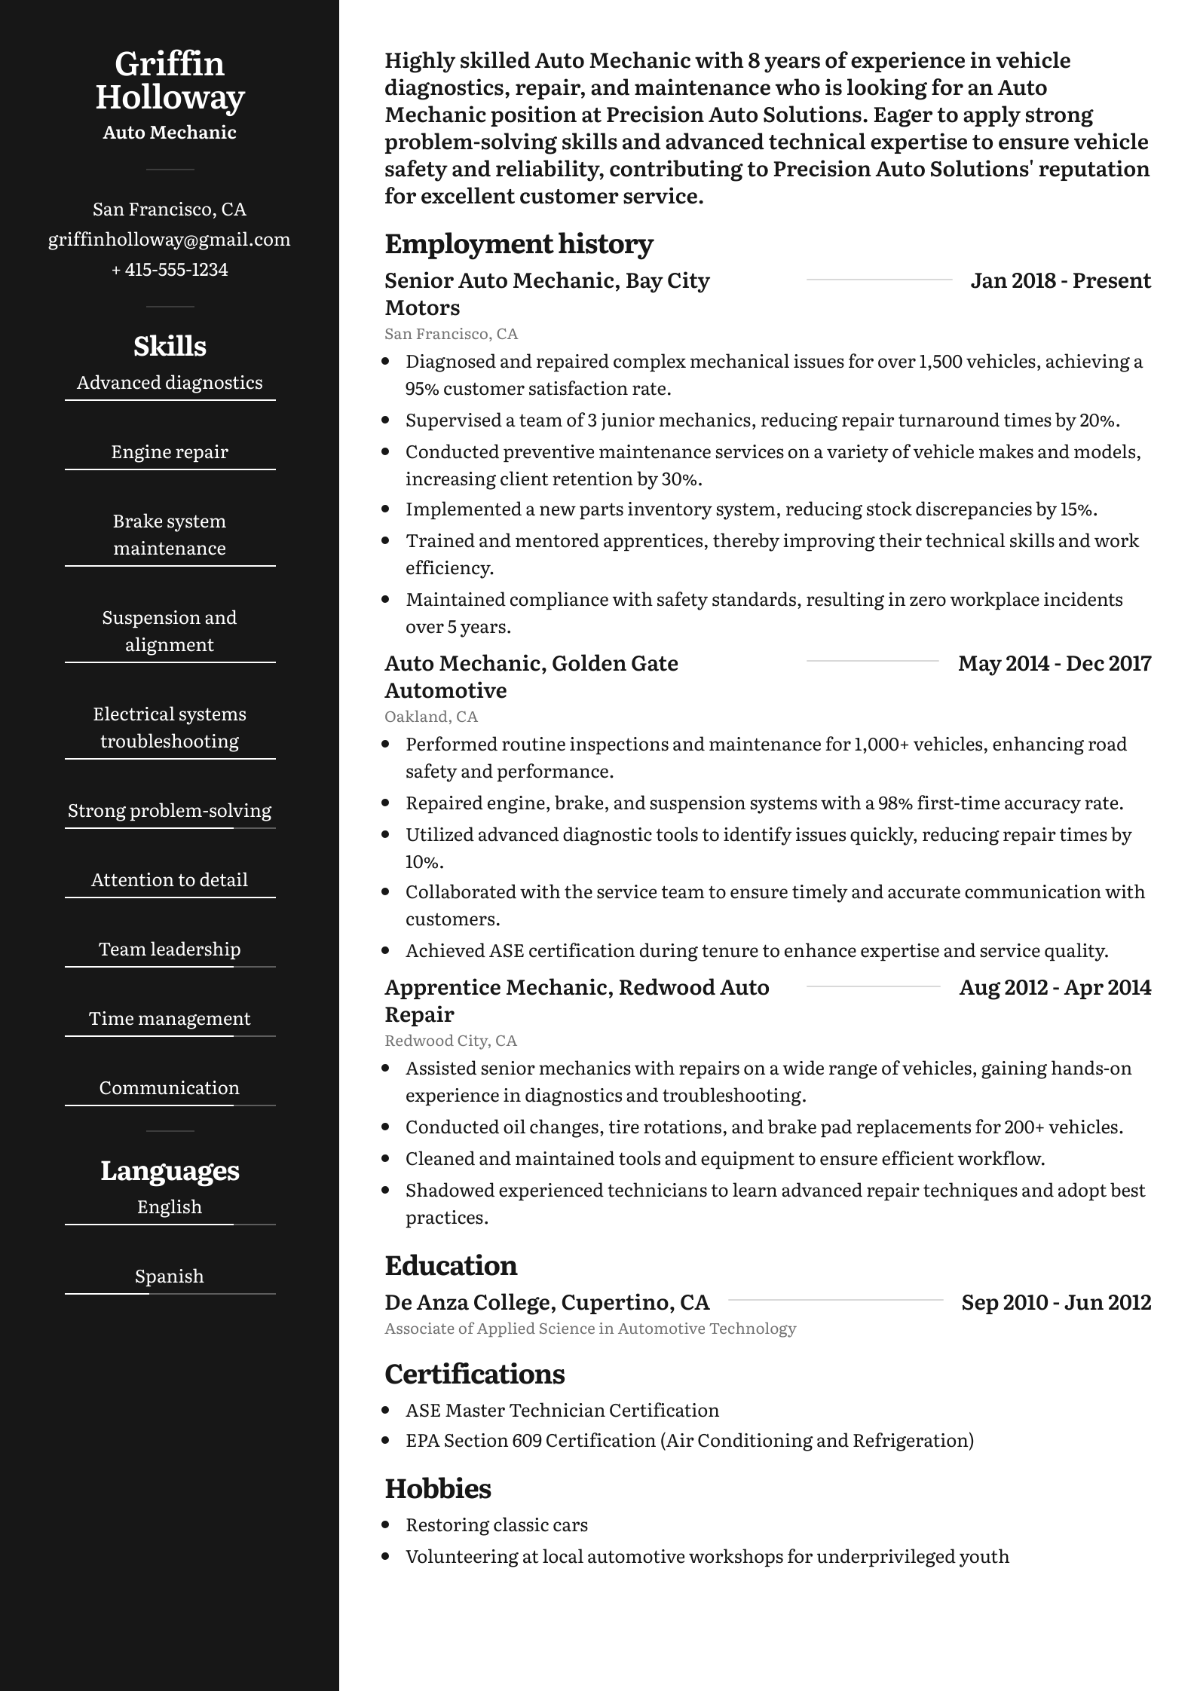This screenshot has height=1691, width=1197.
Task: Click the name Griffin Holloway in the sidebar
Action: click(x=170, y=81)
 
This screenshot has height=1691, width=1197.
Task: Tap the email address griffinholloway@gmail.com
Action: click(x=170, y=240)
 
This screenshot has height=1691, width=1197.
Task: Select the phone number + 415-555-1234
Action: click(x=170, y=270)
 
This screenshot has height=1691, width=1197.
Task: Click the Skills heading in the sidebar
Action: click(x=170, y=347)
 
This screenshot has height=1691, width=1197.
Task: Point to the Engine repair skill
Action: click(x=170, y=452)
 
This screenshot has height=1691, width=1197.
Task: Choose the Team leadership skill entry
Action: click(x=170, y=949)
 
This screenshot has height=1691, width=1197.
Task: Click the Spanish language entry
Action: click(x=170, y=1277)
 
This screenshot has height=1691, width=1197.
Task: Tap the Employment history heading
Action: click(x=519, y=244)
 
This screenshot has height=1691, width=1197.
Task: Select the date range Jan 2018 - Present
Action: click(x=1061, y=281)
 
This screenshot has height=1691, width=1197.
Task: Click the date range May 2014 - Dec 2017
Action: click(x=1055, y=664)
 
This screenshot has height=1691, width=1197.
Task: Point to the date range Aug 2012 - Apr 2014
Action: click(x=1055, y=988)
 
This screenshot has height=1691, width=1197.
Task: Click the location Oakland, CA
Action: click(x=431, y=717)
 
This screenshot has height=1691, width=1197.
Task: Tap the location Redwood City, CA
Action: click(x=451, y=1041)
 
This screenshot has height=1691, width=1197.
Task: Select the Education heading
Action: click(x=451, y=1266)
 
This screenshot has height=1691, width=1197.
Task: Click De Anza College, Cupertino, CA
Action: click(x=547, y=1303)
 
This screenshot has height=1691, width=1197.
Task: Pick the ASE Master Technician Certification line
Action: click(x=562, y=1411)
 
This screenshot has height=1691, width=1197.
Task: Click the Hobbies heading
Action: click(x=438, y=1489)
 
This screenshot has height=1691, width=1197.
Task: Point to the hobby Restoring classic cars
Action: click(x=497, y=1525)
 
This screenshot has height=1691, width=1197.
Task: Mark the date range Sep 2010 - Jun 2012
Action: click(x=1056, y=1303)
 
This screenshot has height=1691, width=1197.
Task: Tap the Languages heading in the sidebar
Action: click(x=170, y=1171)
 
